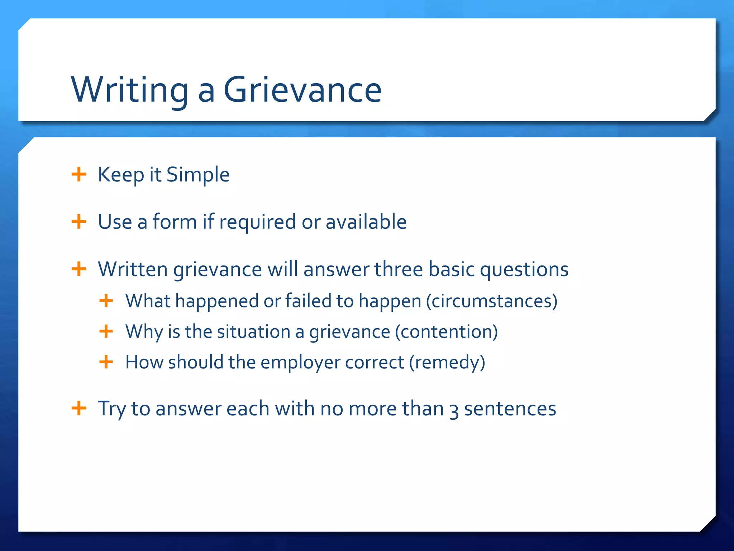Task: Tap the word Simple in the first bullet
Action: pyautogui.click(x=198, y=175)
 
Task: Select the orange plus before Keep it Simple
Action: pyautogui.click(x=79, y=175)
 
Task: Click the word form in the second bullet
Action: pyautogui.click(x=175, y=222)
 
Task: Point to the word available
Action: pyautogui.click(x=366, y=222)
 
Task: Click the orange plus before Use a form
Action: pyautogui.click(x=79, y=222)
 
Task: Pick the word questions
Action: pyautogui.click(x=524, y=269)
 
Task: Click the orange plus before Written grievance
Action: pyautogui.click(x=79, y=269)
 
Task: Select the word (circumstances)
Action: pyautogui.click(x=491, y=301)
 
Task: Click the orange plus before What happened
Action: pyautogui.click(x=106, y=301)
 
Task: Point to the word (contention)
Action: pyautogui.click(x=446, y=331)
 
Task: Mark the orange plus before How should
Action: pyautogui.click(x=106, y=362)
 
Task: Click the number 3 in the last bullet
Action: pyautogui.click(x=454, y=410)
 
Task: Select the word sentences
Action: pyautogui.click(x=510, y=409)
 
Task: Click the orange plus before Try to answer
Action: pyautogui.click(x=79, y=408)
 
